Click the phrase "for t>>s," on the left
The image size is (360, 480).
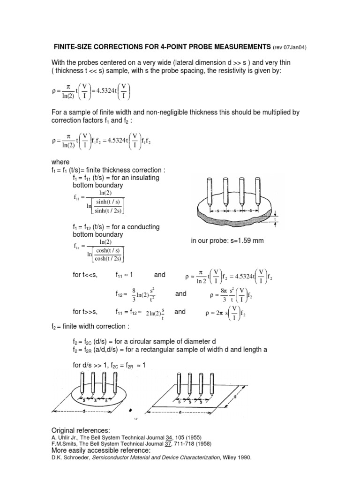pyautogui.click(x=85, y=311)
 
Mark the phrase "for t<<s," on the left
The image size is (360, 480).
pyautogui.click(x=85, y=274)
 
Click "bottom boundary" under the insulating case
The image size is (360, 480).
pyautogui.click(x=97, y=185)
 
